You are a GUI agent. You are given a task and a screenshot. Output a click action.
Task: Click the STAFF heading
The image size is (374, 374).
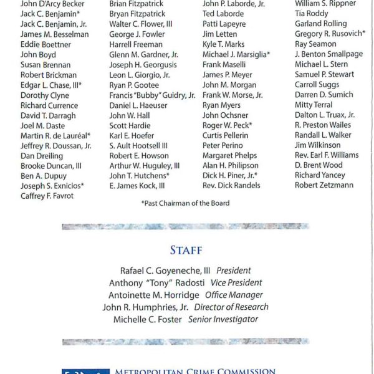point(186,251)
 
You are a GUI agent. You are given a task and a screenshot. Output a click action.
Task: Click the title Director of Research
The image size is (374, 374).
point(231,307)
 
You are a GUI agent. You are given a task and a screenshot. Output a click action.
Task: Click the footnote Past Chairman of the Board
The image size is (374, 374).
point(185,203)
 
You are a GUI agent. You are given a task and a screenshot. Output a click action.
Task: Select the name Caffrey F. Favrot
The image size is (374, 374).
point(47,196)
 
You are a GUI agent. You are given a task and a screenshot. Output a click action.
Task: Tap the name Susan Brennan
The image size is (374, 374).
point(46,65)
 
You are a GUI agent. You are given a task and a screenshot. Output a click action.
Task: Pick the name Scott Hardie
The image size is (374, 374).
point(130,125)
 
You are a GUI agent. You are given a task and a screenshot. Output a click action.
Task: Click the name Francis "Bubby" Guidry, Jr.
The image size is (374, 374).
point(152,95)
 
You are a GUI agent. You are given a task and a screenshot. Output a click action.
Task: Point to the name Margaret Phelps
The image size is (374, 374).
point(229,155)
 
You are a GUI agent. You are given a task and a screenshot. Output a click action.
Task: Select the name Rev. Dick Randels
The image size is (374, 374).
point(231,186)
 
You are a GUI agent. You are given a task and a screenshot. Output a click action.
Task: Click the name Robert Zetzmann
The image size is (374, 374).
point(324,185)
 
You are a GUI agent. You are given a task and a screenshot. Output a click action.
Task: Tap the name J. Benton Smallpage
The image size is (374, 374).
point(328,54)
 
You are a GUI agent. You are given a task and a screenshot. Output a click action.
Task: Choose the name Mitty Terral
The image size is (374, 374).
point(314,105)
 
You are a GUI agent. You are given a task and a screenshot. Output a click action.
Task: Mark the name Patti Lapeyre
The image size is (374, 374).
point(225,24)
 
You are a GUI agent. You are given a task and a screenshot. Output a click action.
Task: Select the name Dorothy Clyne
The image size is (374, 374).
point(45,95)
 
